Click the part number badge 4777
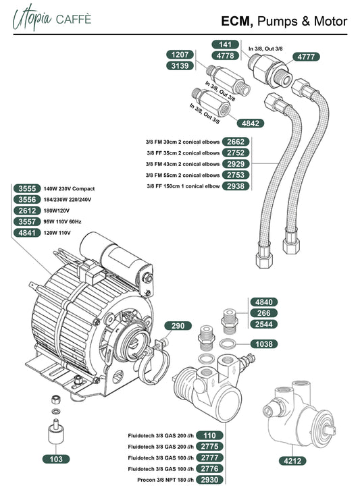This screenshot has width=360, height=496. pos(306,57)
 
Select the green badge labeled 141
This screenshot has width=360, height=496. pos(225,45)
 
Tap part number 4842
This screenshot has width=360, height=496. pos(251,123)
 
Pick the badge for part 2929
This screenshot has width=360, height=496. pos(236,164)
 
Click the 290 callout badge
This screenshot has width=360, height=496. pos(178,325)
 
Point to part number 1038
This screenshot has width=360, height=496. pos(264,344)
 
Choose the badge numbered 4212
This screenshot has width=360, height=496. pos(292,460)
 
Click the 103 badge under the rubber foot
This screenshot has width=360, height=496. pos(56,459)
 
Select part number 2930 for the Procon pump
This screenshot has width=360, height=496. pos(209,480)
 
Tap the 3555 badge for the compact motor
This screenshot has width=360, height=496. pos(27,188)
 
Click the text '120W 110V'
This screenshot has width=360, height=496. pos(57,233)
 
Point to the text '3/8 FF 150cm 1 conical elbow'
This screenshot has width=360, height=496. pos(183,186)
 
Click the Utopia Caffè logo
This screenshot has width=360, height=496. pos(51,18)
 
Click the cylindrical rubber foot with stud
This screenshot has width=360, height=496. pos(56,431)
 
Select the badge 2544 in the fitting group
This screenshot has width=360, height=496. pos(264,324)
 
